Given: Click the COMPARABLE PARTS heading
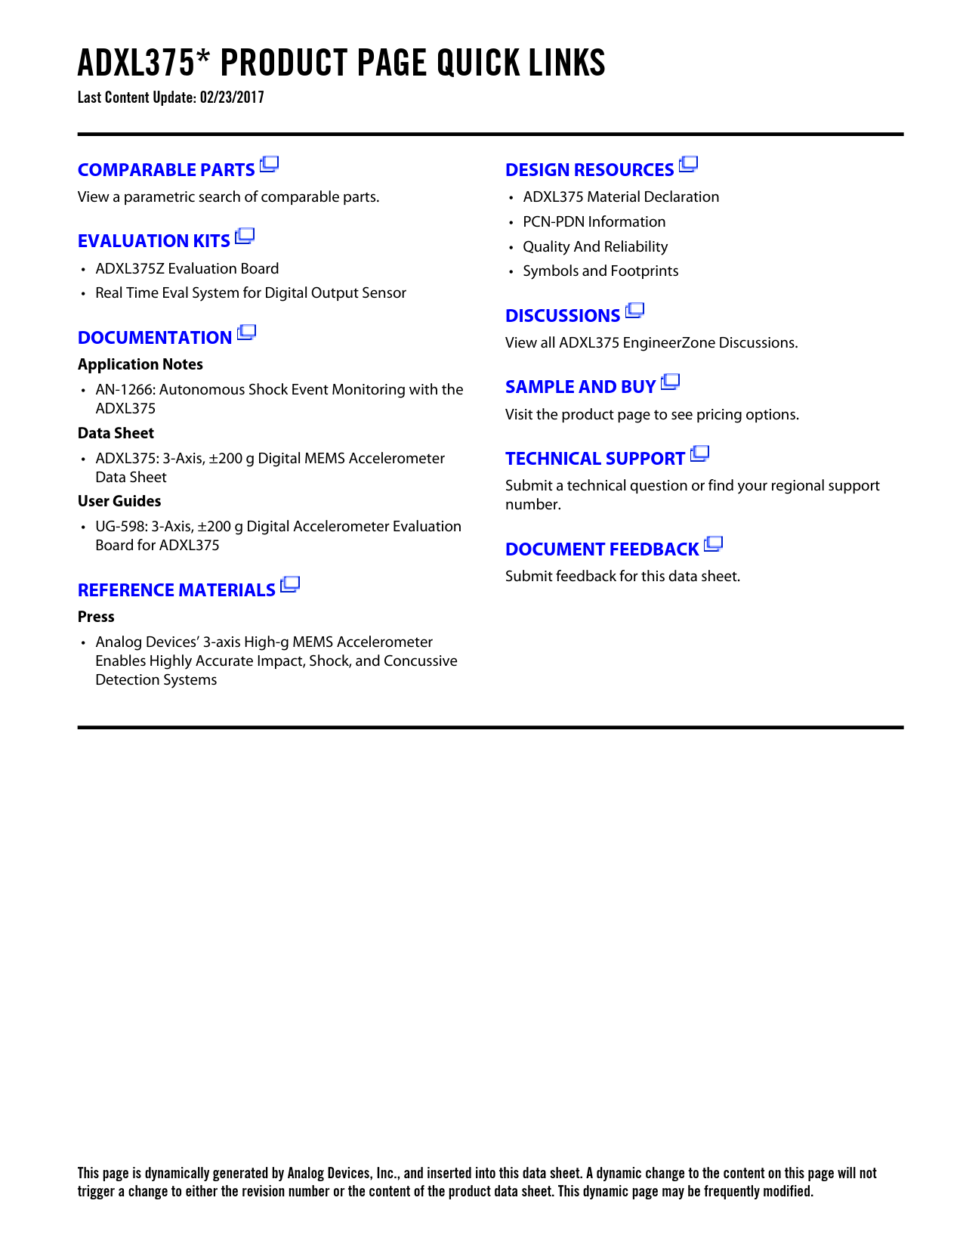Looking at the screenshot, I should pos(166,170).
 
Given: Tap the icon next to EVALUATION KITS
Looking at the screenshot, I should pos(245,237).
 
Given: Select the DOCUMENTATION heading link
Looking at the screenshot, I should pos(155,338).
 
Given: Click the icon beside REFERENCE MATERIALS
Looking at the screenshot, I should pos(290,585).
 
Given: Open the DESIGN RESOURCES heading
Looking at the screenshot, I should pos(589,170).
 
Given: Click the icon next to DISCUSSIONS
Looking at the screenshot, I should pos(635,311).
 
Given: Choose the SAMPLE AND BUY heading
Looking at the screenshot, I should pos(580,387).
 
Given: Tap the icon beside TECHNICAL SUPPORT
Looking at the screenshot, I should pos(700,453).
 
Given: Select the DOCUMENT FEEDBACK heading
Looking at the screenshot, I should pos(602,549).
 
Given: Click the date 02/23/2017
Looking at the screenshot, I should pos(232,97).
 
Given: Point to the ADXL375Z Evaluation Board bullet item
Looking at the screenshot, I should pos(187,269).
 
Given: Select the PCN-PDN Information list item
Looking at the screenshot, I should pos(594,222).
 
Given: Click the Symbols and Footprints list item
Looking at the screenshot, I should pos(600,271).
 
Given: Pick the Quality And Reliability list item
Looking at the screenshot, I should pos(595,247).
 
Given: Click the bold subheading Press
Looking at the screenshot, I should pos(96,617).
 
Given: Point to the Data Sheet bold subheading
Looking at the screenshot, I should pos(116,433).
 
